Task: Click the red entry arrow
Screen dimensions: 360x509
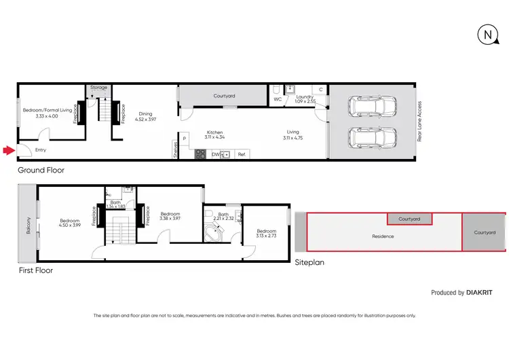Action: [7, 150]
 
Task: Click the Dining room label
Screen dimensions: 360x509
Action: [146, 114]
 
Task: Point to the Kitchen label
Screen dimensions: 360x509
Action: [216, 132]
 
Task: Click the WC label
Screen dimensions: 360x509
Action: [278, 100]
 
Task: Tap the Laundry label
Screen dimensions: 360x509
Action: [305, 97]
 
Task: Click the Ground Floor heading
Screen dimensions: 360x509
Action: [41, 170]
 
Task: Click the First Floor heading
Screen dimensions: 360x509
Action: [35, 270]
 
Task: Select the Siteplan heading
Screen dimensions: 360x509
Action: [311, 262]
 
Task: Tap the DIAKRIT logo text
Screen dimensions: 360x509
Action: [480, 293]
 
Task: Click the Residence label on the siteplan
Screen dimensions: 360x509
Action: [383, 236]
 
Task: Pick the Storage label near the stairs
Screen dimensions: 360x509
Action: [99, 88]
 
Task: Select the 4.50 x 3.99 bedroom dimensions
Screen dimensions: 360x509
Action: [70, 225]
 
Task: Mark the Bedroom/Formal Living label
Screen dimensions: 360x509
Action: [47, 110]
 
